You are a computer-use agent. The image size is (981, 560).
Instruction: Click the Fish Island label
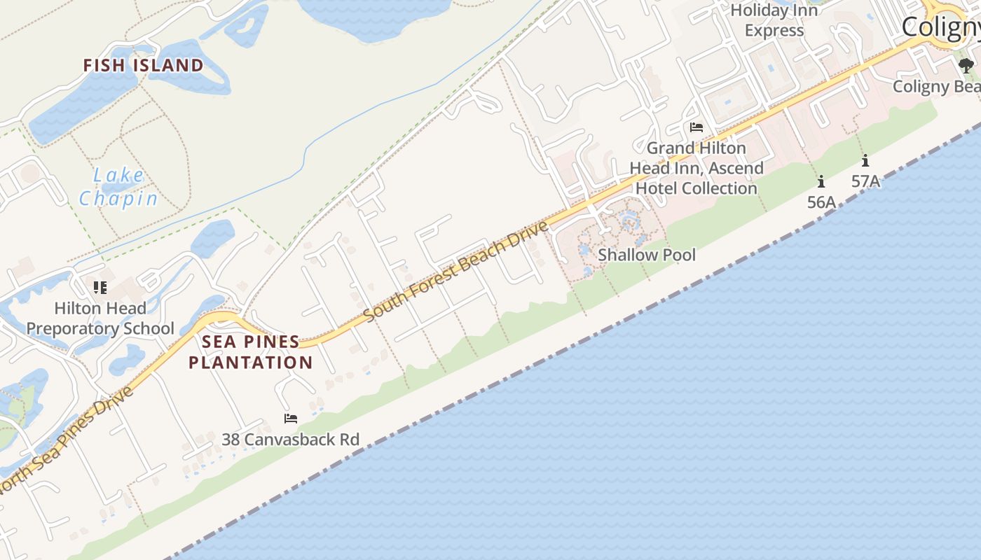pyautogui.click(x=143, y=66)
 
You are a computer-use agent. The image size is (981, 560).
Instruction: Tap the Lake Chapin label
pyautogui.click(x=118, y=187)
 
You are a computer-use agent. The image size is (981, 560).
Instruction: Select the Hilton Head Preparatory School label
pyautogui.click(x=100, y=318)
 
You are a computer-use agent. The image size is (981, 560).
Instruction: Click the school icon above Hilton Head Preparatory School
pyautogui.click(x=100, y=288)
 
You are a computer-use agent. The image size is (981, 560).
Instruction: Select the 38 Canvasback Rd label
pyautogui.click(x=290, y=440)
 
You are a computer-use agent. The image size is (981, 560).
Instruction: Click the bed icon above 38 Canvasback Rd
pyautogui.click(x=290, y=419)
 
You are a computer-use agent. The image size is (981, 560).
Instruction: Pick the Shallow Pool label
pyautogui.click(x=647, y=255)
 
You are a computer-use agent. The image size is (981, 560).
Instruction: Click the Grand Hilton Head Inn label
pyautogui.click(x=696, y=168)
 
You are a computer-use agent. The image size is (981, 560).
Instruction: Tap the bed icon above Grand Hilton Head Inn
pyautogui.click(x=696, y=127)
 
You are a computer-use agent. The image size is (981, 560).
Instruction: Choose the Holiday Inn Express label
pyautogui.click(x=774, y=20)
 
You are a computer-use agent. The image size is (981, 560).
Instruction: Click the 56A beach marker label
pyautogui.click(x=821, y=202)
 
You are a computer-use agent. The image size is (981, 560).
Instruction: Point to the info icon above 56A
pyautogui.click(x=821, y=182)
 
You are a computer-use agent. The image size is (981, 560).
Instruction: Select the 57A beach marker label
pyautogui.click(x=865, y=181)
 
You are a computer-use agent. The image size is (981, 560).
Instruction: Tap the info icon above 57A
pyautogui.click(x=865, y=160)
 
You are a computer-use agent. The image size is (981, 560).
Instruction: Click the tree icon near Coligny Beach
pyautogui.click(x=966, y=66)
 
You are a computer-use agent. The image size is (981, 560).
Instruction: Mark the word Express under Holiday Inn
pyautogui.click(x=774, y=31)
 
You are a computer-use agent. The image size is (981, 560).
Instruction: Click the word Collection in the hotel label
pyautogui.click(x=720, y=188)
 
